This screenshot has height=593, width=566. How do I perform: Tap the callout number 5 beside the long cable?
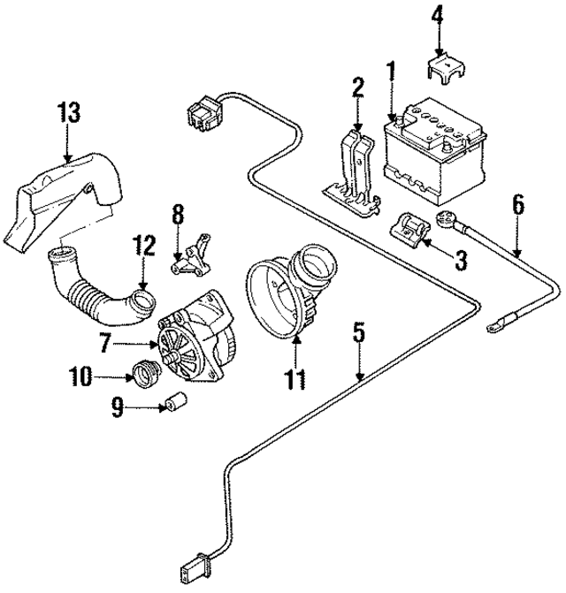coord(358,333)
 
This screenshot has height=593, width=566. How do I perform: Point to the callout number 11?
coord(294,379)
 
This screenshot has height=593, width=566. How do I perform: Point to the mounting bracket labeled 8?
coord(193,255)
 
